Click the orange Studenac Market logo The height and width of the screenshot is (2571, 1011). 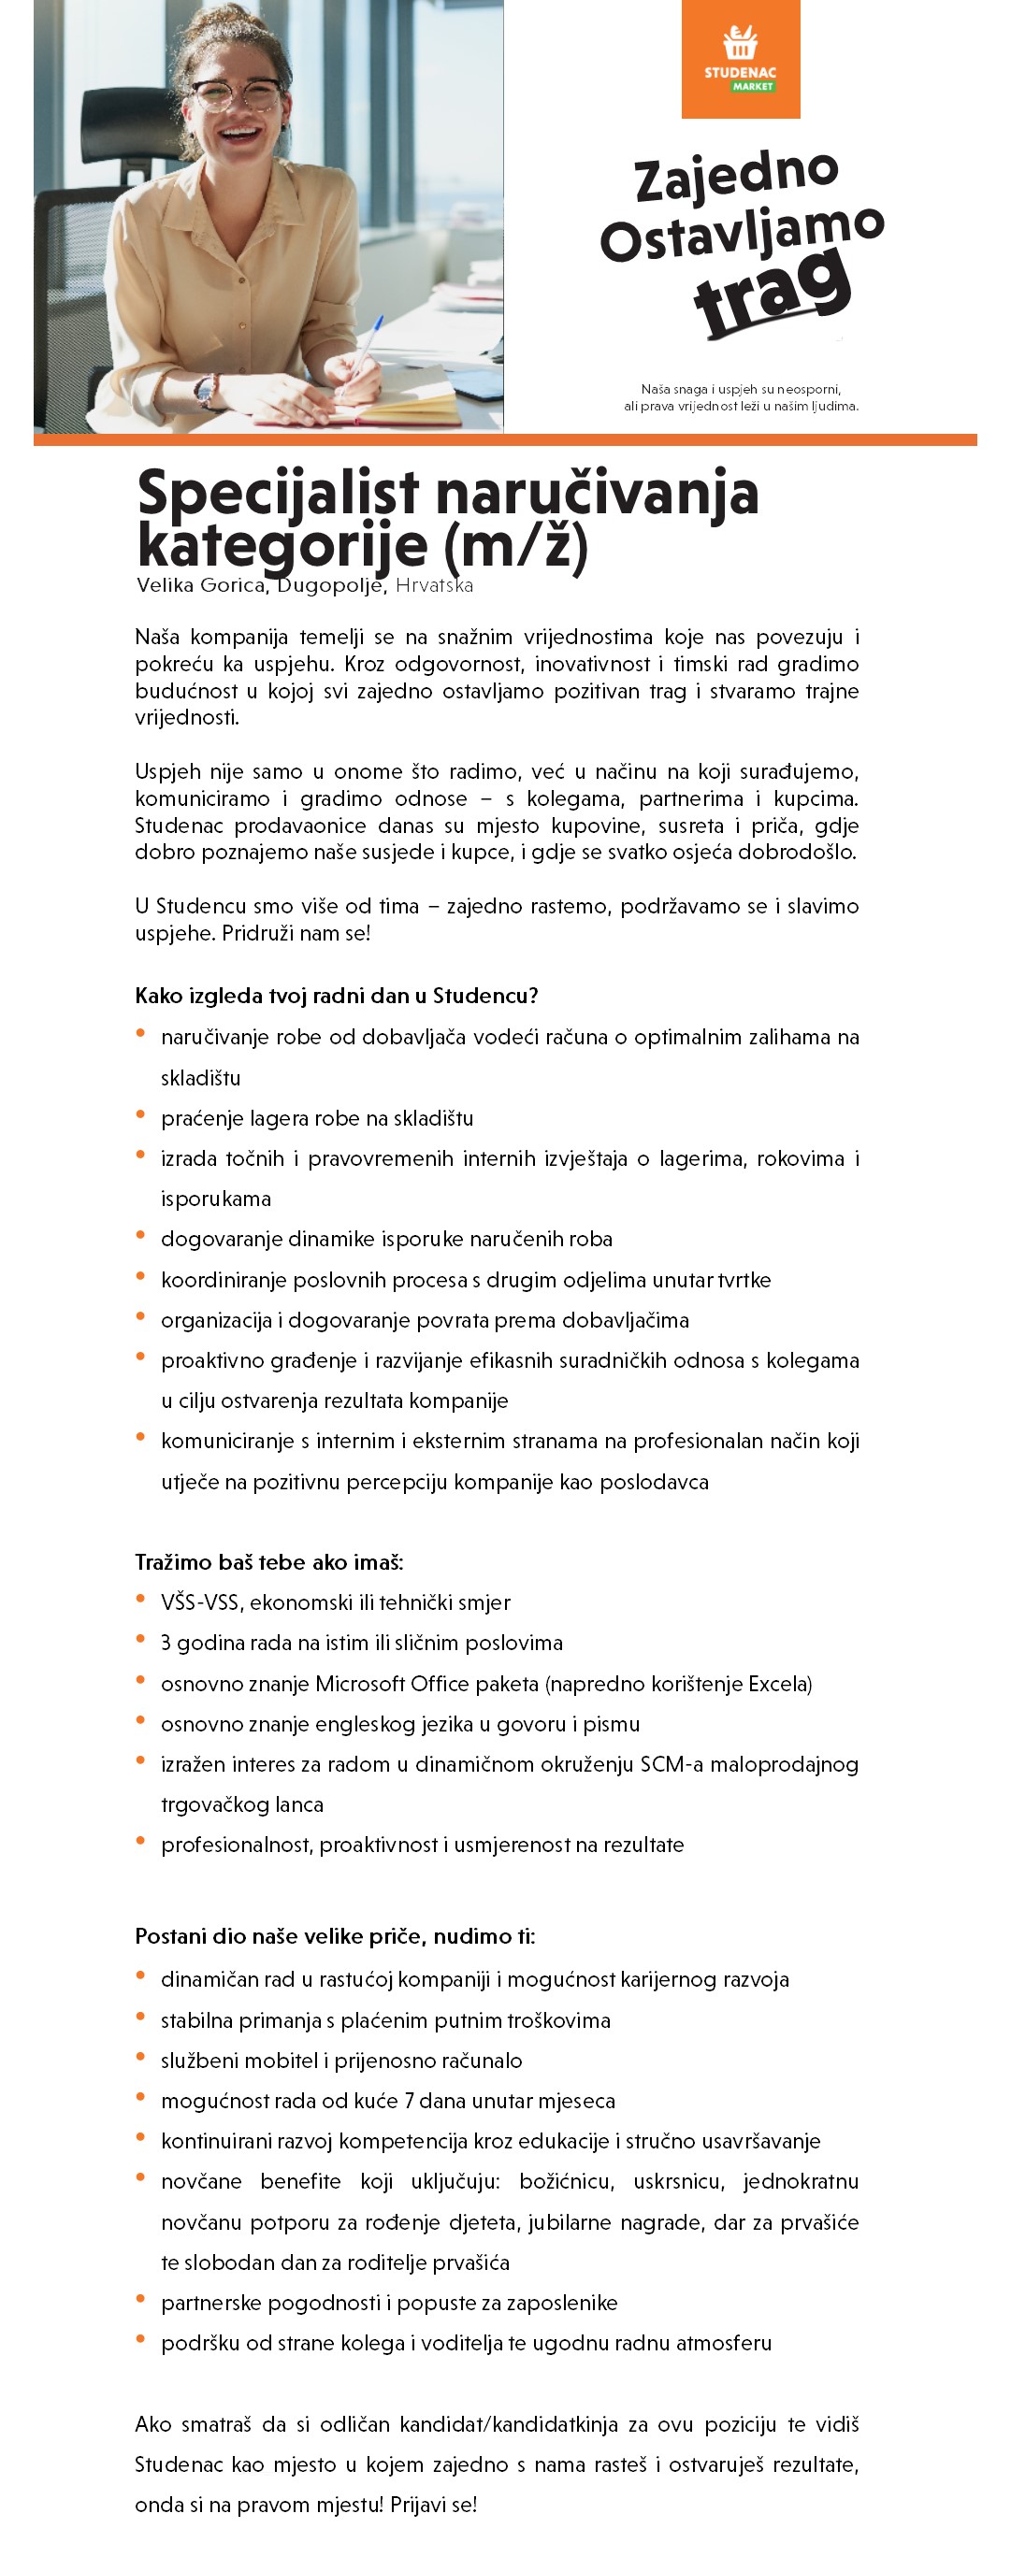[x=741, y=59]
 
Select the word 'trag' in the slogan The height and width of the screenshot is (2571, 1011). [x=773, y=290]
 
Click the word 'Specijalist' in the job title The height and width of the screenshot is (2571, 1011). [x=278, y=493]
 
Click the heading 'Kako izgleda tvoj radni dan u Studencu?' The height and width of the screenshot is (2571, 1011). [x=337, y=995]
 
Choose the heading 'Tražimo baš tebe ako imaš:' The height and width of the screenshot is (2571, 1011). [x=268, y=1562]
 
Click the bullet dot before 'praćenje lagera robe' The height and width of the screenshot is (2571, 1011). [x=140, y=1113]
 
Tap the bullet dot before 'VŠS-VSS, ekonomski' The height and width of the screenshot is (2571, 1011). [x=140, y=1598]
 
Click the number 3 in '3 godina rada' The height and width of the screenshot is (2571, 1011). [x=166, y=1643]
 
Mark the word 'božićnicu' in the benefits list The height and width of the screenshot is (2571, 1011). [x=566, y=2181]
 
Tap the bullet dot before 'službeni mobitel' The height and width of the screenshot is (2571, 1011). [x=140, y=2056]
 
